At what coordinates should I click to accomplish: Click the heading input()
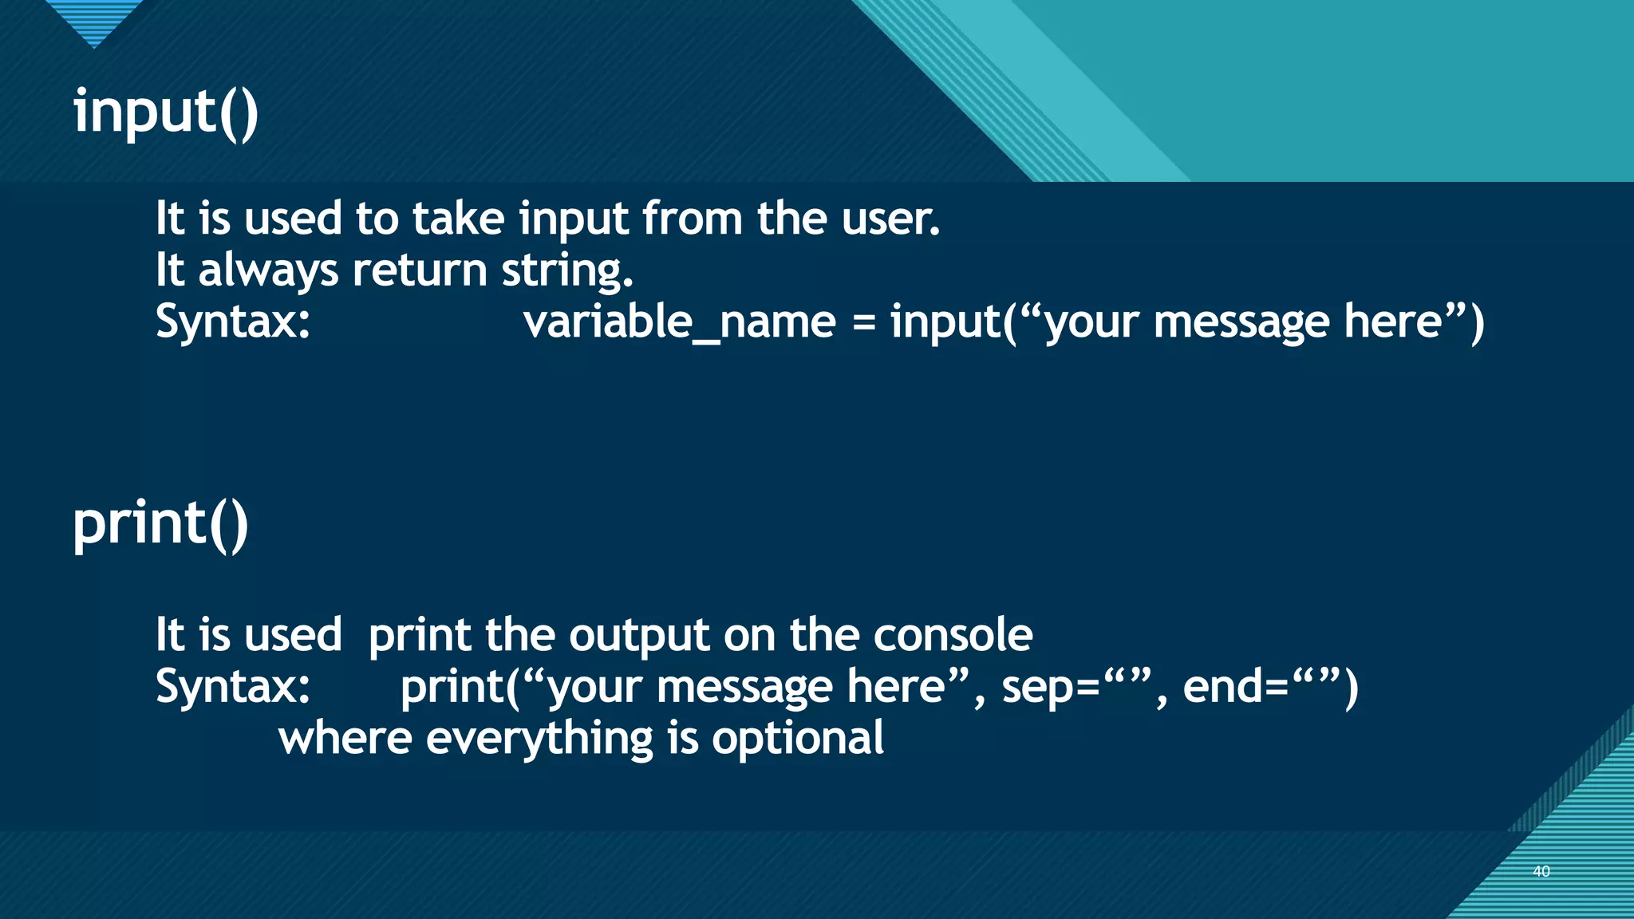click(x=166, y=112)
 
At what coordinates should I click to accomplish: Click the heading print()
click(x=160, y=524)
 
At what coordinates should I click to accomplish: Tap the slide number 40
click(x=1541, y=871)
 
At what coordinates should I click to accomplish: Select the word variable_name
click(x=680, y=322)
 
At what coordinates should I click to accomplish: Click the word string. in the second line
click(x=566, y=271)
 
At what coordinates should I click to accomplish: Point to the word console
click(x=953, y=636)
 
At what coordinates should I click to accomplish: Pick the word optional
click(x=797, y=739)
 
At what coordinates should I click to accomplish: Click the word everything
click(x=539, y=739)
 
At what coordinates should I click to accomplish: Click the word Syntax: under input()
click(x=233, y=322)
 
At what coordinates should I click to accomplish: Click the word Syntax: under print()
click(x=233, y=687)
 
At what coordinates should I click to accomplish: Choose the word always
click(x=268, y=271)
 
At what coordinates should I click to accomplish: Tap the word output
click(x=639, y=636)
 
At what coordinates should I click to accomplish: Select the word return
click(x=420, y=271)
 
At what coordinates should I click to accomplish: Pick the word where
click(x=345, y=739)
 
